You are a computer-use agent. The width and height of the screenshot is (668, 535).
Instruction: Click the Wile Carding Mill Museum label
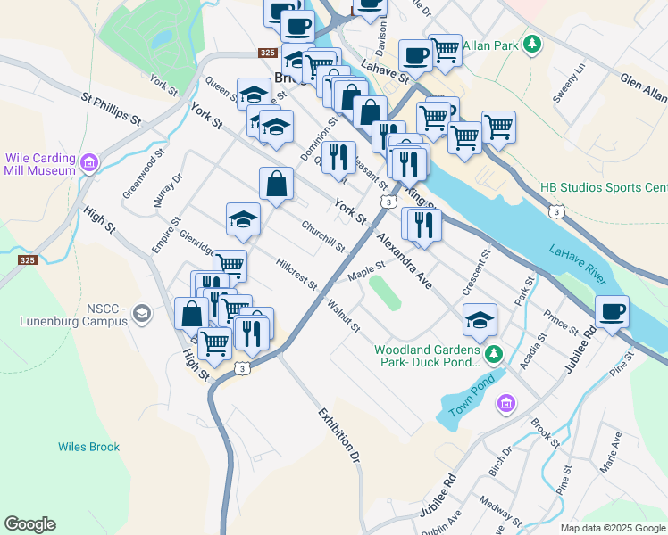[39, 163]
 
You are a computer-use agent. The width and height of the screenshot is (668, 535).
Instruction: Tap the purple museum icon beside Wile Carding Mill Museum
[88, 163]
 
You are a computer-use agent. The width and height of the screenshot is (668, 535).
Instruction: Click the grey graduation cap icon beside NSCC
[141, 313]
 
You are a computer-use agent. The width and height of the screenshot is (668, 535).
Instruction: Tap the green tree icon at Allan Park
[532, 44]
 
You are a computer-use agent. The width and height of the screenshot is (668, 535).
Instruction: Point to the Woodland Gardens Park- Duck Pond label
[428, 356]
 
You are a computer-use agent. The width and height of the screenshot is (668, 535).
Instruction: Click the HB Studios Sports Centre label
[604, 188]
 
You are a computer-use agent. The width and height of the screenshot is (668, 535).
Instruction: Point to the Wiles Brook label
[88, 447]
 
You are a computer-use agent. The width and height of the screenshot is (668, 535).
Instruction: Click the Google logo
[29, 524]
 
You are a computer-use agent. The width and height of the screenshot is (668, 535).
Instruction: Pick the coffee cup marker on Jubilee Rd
[613, 313]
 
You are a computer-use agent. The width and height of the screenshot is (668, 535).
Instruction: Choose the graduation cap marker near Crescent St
[480, 321]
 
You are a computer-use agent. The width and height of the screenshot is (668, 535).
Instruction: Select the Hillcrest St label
[297, 274]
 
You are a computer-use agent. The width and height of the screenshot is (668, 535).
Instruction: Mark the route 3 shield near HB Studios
[556, 211]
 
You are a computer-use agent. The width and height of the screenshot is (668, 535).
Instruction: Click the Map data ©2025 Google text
[614, 528]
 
